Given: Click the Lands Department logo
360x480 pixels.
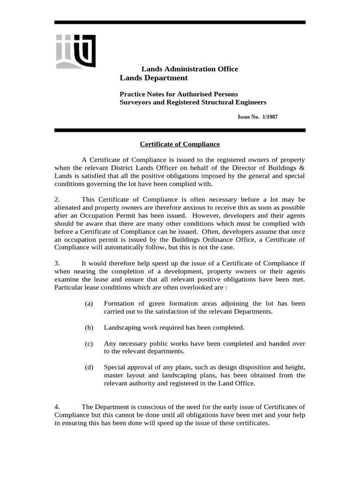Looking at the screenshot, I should tap(75, 51).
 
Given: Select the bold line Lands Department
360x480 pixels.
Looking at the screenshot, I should tap(154, 78).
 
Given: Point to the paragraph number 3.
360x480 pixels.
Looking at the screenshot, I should tap(57, 263).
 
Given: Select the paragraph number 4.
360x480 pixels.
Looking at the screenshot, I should tap(57, 406).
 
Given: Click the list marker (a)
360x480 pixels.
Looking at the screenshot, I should tap(89, 304).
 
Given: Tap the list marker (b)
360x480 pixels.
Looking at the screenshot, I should tap(89, 327).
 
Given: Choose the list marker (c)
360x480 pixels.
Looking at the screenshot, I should tap(89, 344).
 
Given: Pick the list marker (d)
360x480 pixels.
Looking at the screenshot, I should tap(89, 367).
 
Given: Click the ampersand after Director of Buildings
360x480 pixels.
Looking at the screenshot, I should tap(302, 167).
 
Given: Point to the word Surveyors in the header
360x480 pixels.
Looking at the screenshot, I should tap(135, 102).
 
